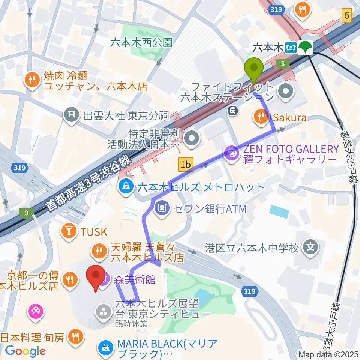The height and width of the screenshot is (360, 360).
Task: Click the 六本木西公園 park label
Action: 141,42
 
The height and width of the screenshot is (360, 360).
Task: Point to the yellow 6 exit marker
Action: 347,16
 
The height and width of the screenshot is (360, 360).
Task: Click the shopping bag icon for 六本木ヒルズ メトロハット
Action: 125,186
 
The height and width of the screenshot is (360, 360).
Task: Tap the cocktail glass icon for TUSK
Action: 69,231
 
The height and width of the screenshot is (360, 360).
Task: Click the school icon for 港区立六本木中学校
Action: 311,248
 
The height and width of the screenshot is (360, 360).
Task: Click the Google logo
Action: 25,351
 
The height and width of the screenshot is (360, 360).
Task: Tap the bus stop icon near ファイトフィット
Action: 233,110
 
